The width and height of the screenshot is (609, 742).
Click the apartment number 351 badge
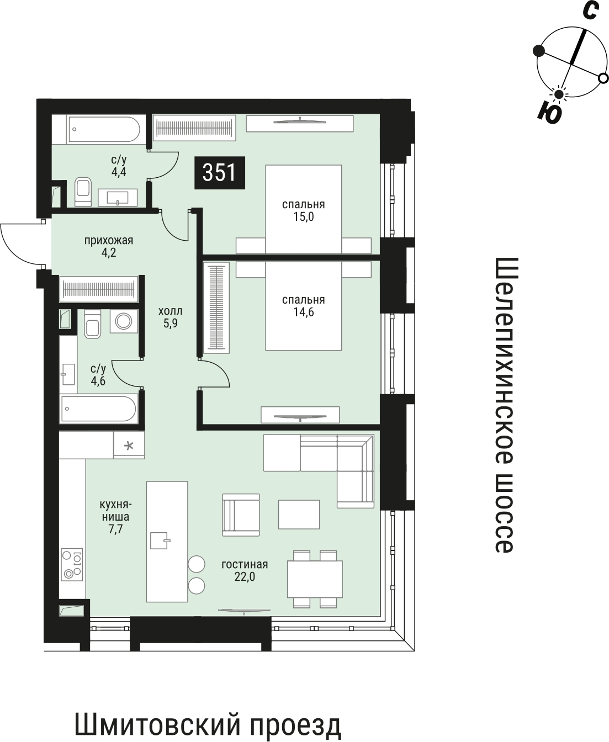[220, 173]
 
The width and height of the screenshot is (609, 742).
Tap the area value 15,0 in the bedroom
[304, 217]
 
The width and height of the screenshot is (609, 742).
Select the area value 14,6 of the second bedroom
[304, 312]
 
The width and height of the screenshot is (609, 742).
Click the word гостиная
[245, 565]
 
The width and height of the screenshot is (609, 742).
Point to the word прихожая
[109, 241]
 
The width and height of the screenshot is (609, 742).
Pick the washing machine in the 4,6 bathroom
[124, 321]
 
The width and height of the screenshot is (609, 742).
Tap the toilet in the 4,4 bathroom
[83, 192]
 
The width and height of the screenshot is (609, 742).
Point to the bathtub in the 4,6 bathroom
[99, 409]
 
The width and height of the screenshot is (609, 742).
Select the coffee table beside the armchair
[299, 515]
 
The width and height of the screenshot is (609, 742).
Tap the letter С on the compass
[590, 11]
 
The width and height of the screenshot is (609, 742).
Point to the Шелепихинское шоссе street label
[505, 405]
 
